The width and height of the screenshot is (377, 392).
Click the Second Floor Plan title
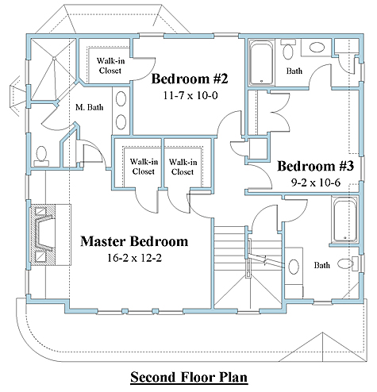point(189,377)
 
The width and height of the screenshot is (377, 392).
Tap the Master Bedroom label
point(134,241)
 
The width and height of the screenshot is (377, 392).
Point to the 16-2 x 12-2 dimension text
point(134,258)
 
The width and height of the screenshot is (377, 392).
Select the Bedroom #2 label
point(190,79)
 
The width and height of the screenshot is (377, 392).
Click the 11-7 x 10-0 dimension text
point(190,95)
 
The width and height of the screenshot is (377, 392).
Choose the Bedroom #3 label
point(315,166)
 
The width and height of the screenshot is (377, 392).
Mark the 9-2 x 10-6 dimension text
point(316,183)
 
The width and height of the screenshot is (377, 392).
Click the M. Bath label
point(89,107)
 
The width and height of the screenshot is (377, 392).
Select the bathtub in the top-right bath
point(262,63)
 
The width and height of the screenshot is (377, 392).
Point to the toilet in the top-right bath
point(288,49)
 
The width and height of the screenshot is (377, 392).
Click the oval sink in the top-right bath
point(317,48)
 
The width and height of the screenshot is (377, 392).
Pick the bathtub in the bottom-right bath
point(344,221)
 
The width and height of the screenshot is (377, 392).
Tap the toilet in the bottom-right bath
point(348,263)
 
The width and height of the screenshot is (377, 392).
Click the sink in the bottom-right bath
point(294,267)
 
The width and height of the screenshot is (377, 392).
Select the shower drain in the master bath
point(54,58)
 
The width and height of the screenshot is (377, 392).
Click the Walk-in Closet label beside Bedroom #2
point(110,66)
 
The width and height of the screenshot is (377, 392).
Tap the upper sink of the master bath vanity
point(121,98)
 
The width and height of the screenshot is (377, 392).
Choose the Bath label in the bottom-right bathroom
point(321,265)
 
